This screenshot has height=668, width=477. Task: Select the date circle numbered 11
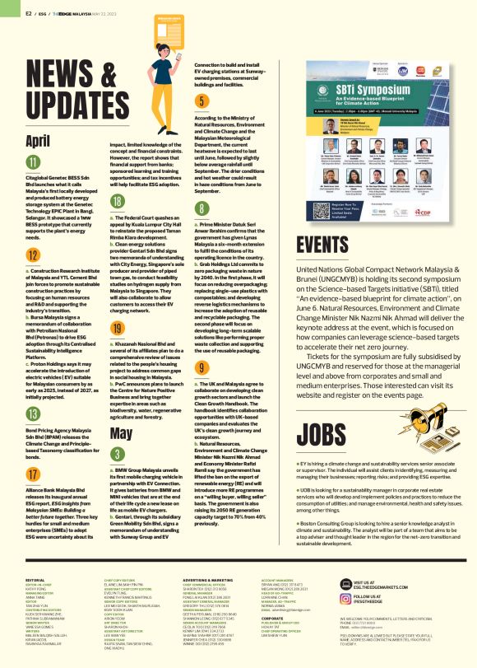(34, 161)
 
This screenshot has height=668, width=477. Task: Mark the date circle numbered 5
(201, 102)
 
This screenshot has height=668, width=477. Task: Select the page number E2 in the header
(30, 12)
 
